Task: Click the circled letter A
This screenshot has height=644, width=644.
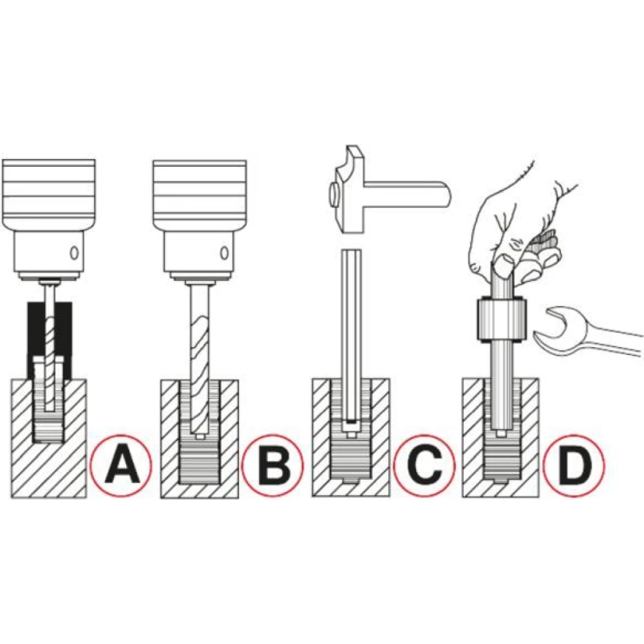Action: click(x=121, y=465)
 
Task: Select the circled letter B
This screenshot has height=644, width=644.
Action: click(x=272, y=465)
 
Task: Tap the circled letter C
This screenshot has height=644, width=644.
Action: click(x=424, y=465)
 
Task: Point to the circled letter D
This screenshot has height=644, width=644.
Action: click(x=574, y=465)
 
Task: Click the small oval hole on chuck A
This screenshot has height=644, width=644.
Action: click(x=74, y=252)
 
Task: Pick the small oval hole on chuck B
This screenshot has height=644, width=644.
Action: click(x=224, y=252)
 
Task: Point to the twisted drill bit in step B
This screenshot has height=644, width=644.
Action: click(x=200, y=357)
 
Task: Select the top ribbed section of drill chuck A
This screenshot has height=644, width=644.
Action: click(x=49, y=191)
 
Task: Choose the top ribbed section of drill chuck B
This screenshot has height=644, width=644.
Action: click(x=200, y=191)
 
